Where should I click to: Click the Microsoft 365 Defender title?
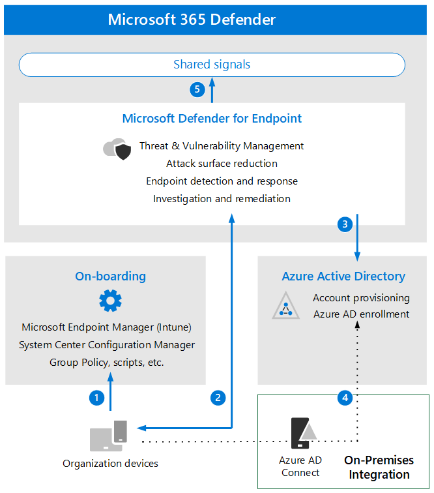coord(192,20)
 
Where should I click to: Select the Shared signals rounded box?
coord(212,65)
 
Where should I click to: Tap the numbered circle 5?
coord(197,89)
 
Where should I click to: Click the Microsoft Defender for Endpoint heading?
coord(212,119)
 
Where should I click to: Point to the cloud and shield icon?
coord(117,149)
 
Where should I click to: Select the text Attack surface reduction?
coord(222,164)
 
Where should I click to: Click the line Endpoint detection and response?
coord(222,181)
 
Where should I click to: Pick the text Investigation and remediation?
coord(222,199)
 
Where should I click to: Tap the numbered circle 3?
coord(345,224)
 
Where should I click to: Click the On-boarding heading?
coord(110,276)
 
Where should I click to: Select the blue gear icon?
coord(110,301)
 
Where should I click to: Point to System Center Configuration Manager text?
coord(107,345)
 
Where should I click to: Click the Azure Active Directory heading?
coord(343,276)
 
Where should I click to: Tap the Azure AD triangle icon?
coord(285,306)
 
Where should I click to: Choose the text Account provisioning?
coord(361,298)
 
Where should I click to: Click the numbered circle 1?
coord(97,398)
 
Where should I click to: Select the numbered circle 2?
coord(218,398)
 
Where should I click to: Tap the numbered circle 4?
coord(345,398)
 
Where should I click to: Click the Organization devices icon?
coord(108,436)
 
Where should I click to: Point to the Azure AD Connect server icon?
coord(304,433)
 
